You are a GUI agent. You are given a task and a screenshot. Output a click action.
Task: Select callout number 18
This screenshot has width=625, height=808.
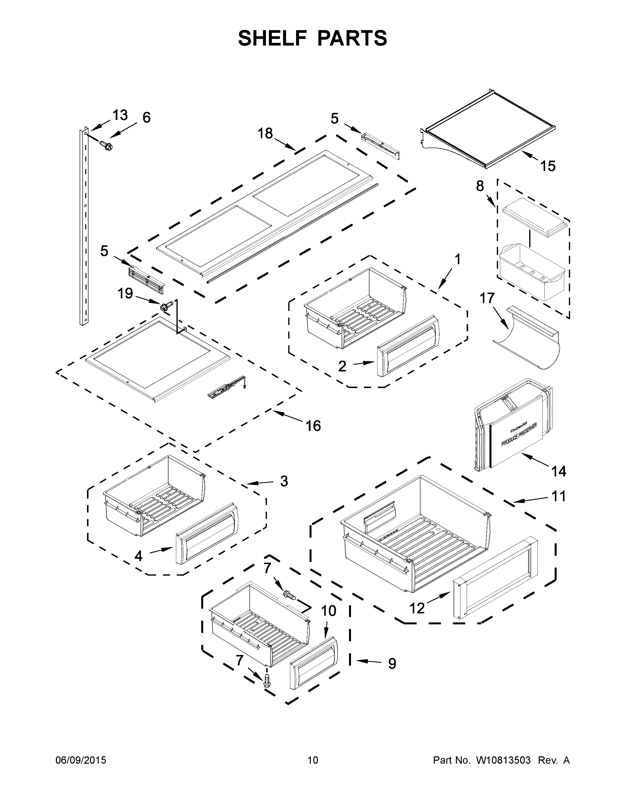[265, 133]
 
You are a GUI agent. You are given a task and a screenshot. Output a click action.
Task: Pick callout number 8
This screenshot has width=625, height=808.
[480, 186]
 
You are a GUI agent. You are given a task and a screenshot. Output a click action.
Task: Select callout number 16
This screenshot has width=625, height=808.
[313, 426]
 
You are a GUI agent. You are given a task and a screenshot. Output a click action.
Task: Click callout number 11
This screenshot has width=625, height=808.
[559, 496]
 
